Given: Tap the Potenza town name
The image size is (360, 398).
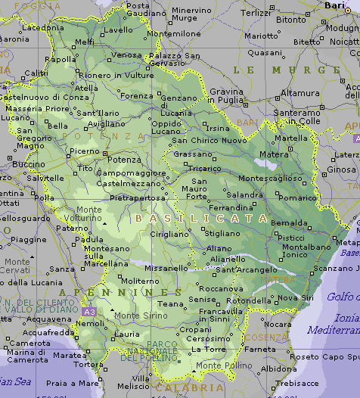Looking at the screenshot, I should pyautogui.click(x=123, y=160).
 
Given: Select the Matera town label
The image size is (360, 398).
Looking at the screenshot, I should pyautogui.click(x=274, y=154).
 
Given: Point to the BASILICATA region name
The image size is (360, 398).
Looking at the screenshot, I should pyautogui.click(x=201, y=218).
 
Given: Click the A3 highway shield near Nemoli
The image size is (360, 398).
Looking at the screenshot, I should pyautogui.click(x=89, y=311).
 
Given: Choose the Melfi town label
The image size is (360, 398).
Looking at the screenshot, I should pyautogui.click(x=85, y=42).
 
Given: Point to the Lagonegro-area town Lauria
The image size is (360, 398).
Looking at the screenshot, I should pyautogui.click(x=126, y=334).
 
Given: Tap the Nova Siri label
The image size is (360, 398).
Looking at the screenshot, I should pyautogui.click(x=295, y=298).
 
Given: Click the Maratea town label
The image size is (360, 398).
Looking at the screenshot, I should pyautogui.click(x=70, y=355).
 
